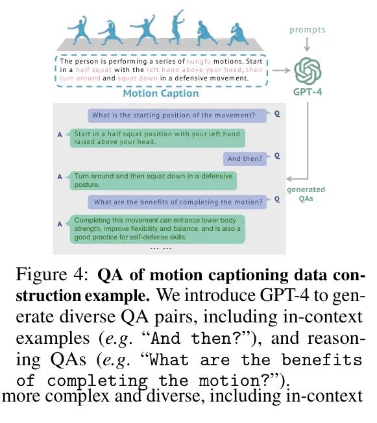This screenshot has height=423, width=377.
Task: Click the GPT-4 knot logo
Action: [308, 71]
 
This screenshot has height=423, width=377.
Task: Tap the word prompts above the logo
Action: [308, 30]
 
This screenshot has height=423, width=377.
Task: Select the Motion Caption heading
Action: [161, 93]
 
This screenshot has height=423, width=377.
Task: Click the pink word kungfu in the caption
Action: [199, 62]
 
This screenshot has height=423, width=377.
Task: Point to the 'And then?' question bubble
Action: [245, 158]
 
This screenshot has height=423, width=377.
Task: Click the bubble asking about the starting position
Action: [177, 115]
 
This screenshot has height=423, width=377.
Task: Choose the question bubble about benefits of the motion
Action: [178, 202]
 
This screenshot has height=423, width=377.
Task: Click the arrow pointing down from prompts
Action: [307, 44]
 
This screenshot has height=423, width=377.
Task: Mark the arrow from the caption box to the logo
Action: [282, 71]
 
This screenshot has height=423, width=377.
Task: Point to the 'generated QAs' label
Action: [306, 194]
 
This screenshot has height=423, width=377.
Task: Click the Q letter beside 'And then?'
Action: [277, 156]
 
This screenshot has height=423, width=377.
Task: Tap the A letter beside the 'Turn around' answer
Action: [60, 176]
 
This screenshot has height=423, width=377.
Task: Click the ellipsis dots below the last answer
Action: [161, 248]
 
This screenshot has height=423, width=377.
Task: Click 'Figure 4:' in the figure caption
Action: [52, 274]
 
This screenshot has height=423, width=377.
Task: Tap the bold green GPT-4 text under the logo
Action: [308, 92]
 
